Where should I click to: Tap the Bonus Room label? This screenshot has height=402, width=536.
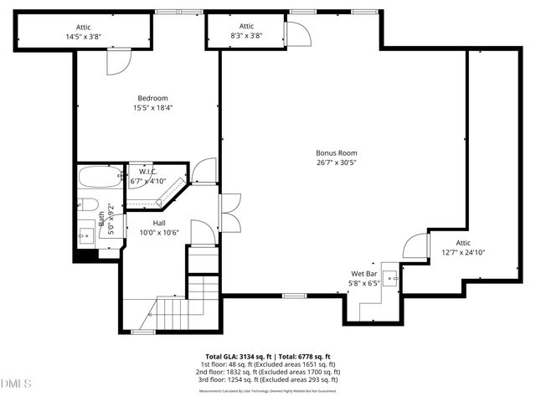click(336, 152)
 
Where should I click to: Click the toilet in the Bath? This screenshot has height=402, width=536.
click(90, 204)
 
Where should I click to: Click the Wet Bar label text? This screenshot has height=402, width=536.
click(363, 274)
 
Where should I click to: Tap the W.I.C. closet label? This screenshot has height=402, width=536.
click(148, 172)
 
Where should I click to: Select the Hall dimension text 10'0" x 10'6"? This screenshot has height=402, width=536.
click(159, 232)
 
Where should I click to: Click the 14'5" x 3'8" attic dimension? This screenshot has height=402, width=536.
click(83, 37)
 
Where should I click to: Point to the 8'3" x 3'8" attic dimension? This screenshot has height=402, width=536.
click(246, 36)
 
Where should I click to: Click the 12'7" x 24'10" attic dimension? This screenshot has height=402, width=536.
click(463, 252)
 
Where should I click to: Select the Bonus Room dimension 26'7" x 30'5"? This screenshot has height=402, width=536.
click(336, 163)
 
